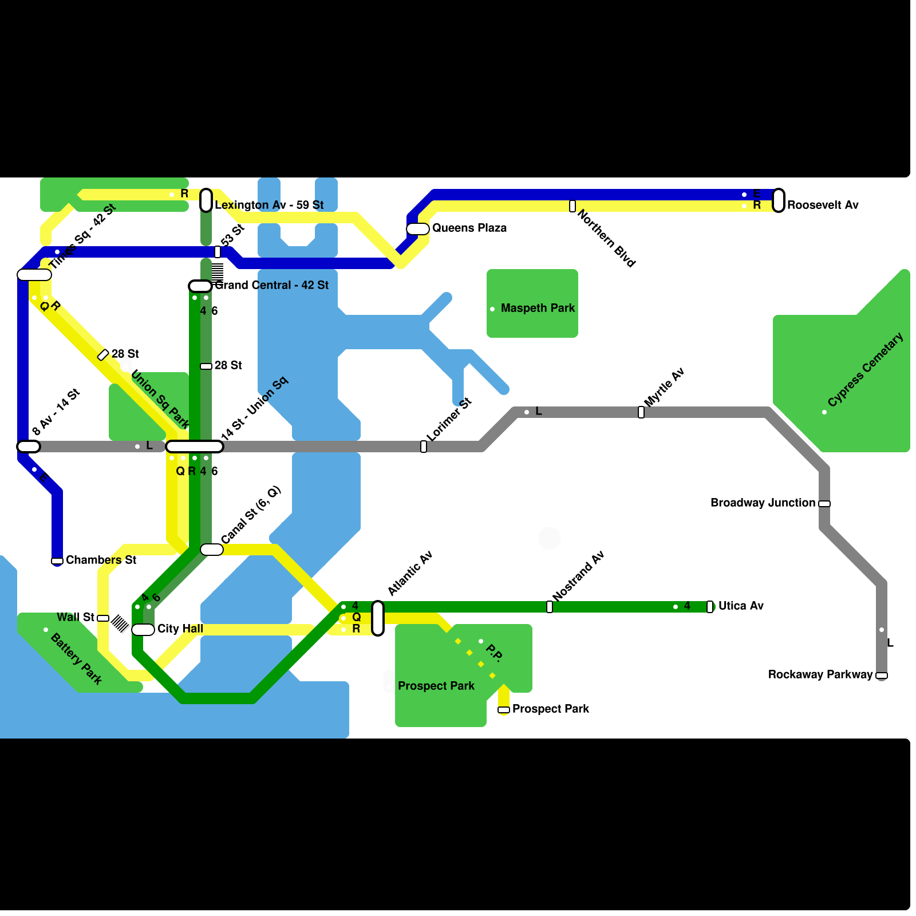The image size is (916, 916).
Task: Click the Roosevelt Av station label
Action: pos(823,205)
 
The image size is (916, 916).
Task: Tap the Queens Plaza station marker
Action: pos(418,229)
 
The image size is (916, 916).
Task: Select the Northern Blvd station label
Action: pos(606,238)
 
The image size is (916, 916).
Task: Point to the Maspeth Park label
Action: pos(538,308)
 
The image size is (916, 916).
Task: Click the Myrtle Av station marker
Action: pos(641,412)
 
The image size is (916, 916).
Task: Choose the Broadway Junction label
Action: pos(763,503)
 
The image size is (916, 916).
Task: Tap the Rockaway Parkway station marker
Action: pos(882,676)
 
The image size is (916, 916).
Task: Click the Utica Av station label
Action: pos(741,606)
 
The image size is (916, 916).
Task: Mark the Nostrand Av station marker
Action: pos(550,607)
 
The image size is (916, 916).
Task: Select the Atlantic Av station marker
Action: pos(378,618)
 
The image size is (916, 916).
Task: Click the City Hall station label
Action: pos(180,629)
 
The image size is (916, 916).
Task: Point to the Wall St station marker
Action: pos(103,618)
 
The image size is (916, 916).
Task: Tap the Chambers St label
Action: pos(101,560)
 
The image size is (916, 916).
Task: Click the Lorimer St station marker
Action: pos(424,447)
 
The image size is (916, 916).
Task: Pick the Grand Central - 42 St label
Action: pos(271,285)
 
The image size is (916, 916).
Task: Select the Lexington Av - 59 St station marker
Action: pos(206,200)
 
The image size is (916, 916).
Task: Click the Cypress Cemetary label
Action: pos(865,370)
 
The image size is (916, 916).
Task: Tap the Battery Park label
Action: pos(76,658)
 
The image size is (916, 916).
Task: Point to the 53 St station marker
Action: pos(218,252)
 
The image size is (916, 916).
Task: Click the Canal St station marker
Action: pos(212,550)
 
